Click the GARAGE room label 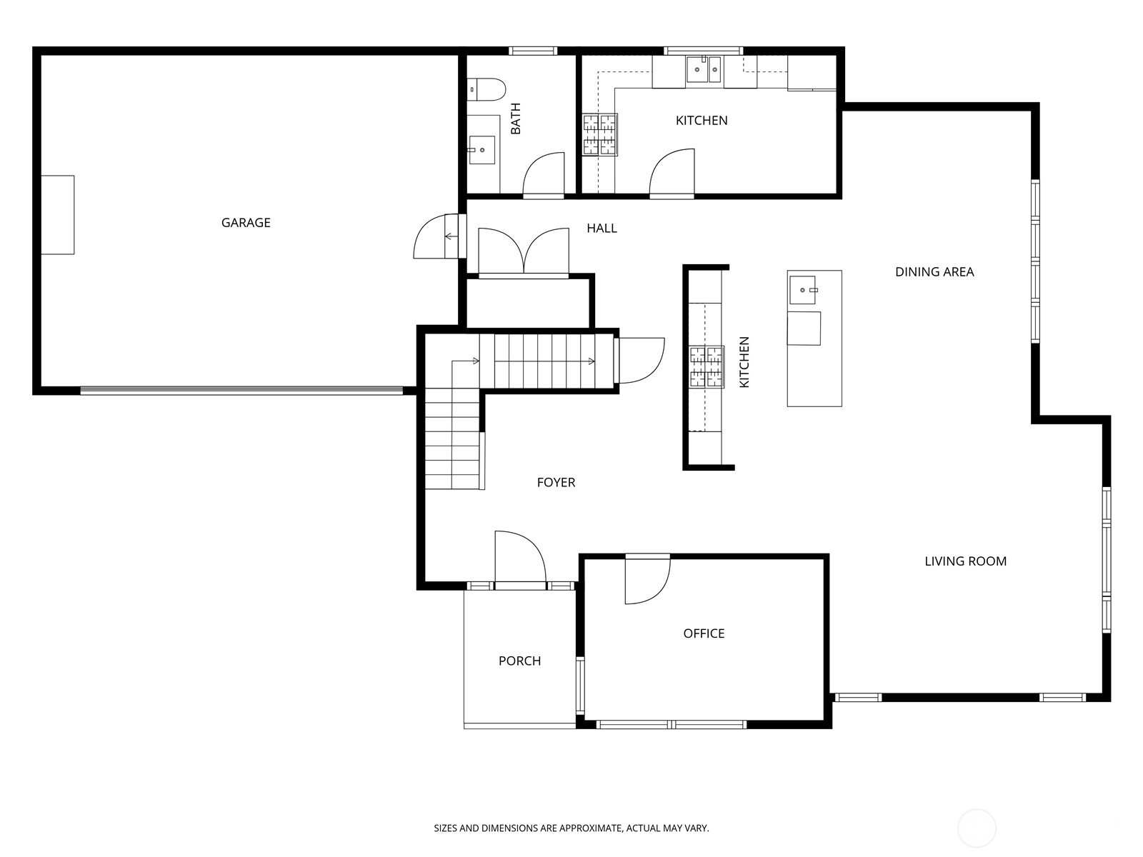click(246, 223)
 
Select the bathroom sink click(482, 150)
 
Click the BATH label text click(515, 119)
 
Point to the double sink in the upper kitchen click(704, 70)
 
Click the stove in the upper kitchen click(599, 135)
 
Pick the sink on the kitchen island click(803, 290)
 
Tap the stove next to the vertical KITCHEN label click(707, 367)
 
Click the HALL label click(602, 229)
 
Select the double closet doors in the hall click(524, 251)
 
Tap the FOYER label click(556, 483)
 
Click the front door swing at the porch click(519, 558)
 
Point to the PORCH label click(519, 661)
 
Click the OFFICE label click(704, 633)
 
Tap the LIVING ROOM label click(965, 561)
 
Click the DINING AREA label click(934, 272)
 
